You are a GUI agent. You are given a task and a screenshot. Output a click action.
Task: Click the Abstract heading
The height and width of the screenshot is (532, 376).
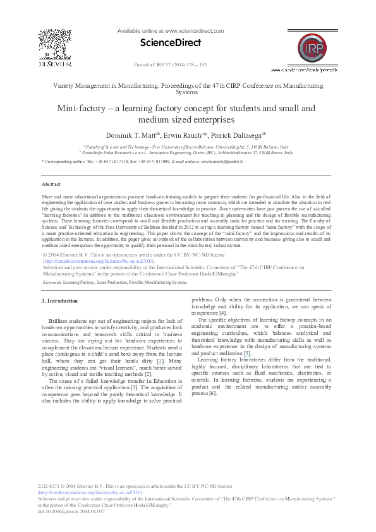click(51, 184)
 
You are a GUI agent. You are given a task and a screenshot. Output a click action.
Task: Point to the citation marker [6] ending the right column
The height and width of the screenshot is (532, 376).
click(212, 393)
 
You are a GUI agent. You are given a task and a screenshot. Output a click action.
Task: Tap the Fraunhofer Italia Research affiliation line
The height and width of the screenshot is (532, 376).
click(186, 153)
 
